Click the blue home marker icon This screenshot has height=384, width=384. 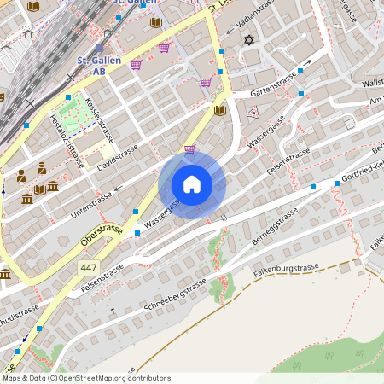click(192, 184)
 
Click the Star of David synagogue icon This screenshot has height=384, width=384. click(249, 40)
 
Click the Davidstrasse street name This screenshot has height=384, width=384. click(118, 155)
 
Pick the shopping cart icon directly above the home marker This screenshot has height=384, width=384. click(189, 148)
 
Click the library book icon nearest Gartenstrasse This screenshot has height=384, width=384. click(220, 110)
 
